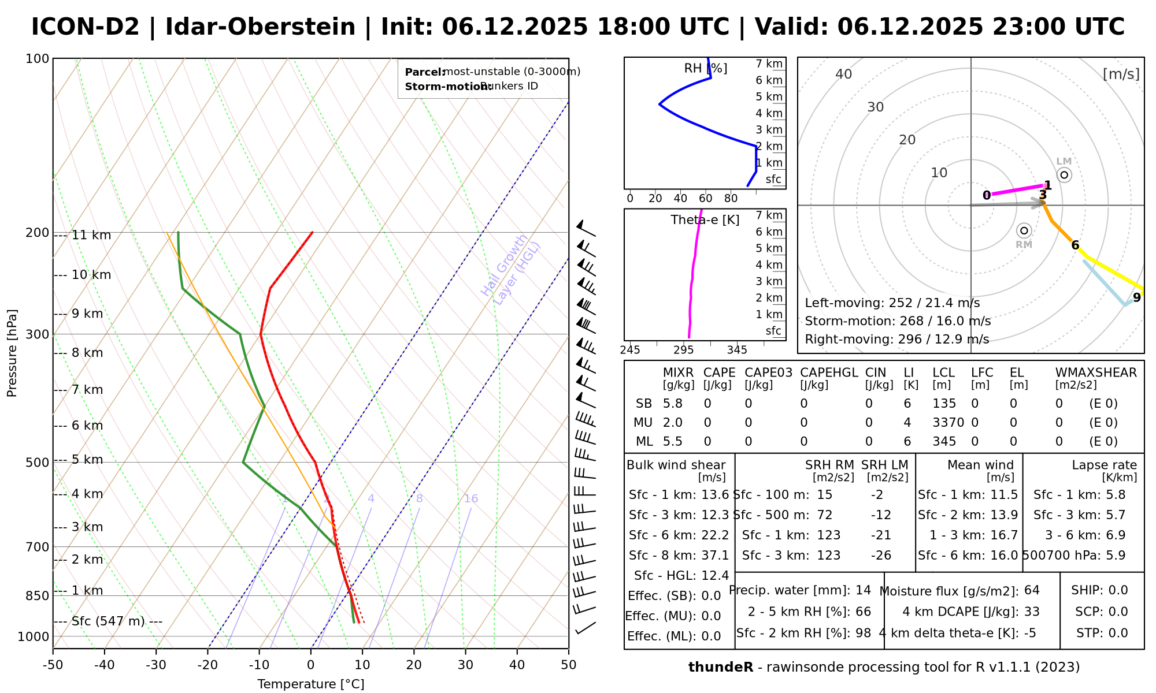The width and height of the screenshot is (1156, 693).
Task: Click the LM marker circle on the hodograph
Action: click(1064, 174)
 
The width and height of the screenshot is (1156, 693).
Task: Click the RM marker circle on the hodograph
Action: click(1024, 231)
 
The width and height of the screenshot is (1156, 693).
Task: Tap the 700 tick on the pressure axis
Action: click(38, 547)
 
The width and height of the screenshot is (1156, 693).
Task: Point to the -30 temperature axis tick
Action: click(156, 665)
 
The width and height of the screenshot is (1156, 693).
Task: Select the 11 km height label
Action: click(91, 236)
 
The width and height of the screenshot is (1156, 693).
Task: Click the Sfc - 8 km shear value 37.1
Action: click(715, 555)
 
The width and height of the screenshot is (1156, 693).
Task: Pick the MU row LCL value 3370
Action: click(948, 423)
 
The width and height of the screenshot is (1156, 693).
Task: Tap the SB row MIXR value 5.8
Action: click(673, 404)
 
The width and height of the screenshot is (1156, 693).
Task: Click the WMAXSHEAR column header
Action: click(1096, 372)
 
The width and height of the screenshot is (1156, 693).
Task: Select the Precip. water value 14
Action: click(863, 590)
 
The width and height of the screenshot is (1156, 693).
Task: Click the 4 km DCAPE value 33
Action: click(1032, 612)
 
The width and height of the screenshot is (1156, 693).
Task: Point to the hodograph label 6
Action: click(1075, 245)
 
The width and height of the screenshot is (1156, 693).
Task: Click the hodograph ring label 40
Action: click(844, 74)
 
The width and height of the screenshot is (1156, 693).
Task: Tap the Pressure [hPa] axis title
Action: click(12, 353)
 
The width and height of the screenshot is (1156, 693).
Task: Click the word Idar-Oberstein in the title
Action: click(260, 27)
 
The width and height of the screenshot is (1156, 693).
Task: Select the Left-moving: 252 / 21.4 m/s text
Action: click(892, 303)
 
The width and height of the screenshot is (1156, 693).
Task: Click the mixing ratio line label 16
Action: click(471, 498)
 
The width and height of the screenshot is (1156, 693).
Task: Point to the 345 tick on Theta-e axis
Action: click(737, 350)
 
